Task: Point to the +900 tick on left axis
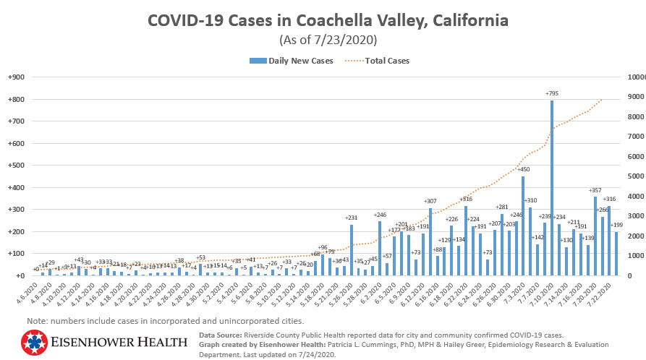[x=17, y=77]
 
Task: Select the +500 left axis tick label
[x=17, y=166]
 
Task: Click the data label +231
[x=352, y=218]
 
